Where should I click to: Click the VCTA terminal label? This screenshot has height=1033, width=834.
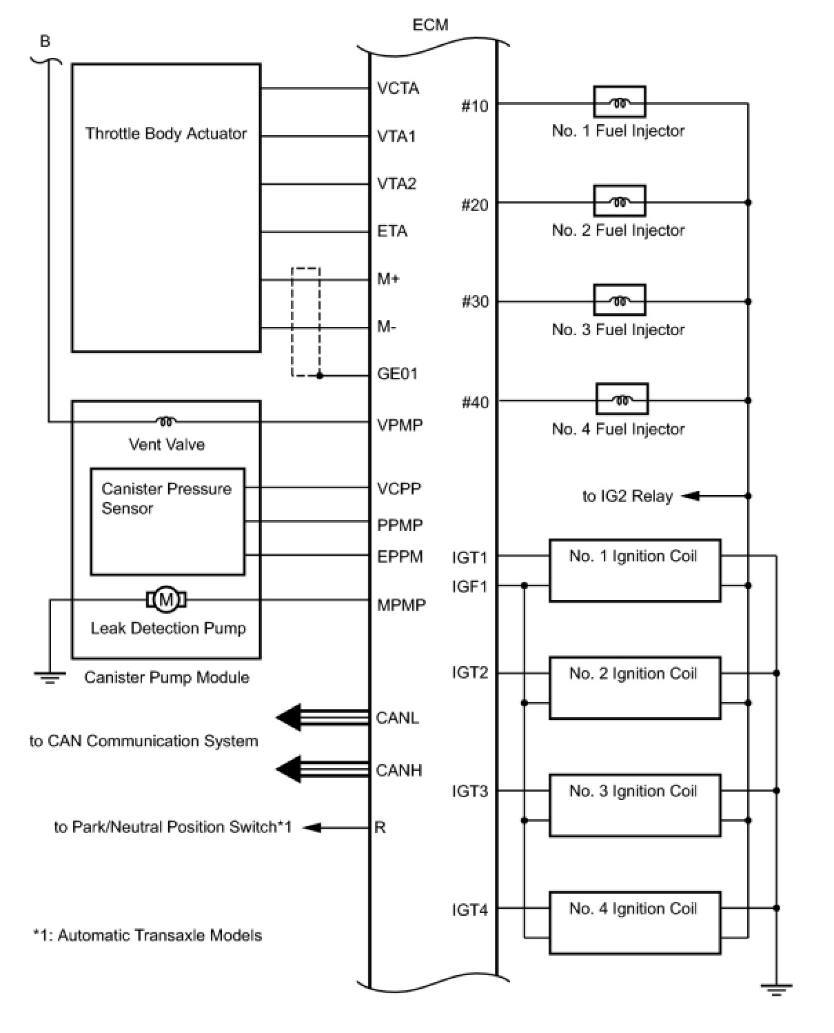pos(398,88)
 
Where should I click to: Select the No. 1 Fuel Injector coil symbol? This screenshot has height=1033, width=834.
pos(620,103)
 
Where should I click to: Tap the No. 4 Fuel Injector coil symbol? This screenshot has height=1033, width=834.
pos(621,399)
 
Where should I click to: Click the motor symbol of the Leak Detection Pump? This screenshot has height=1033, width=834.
pos(166,599)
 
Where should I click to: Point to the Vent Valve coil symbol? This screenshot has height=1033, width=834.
pos(166,421)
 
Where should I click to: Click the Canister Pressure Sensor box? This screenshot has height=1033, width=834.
pos(167,521)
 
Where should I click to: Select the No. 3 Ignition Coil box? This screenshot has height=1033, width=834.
pos(634,805)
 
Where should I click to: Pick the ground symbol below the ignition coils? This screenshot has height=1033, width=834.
pos(776,990)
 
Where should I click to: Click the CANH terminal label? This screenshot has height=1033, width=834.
pos(399,770)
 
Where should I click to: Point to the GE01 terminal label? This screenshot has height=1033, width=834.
pos(398,374)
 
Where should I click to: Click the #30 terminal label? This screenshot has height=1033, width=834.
pos(475,303)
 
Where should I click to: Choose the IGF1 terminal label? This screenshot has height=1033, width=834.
pos(469,586)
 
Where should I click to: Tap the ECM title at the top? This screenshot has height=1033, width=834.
pos(430,25)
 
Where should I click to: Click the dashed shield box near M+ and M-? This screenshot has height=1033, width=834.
pos(305,322)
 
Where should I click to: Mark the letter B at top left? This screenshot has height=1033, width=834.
pos(45,41)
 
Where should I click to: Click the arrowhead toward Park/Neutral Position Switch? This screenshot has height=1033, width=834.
pos(312,827)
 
